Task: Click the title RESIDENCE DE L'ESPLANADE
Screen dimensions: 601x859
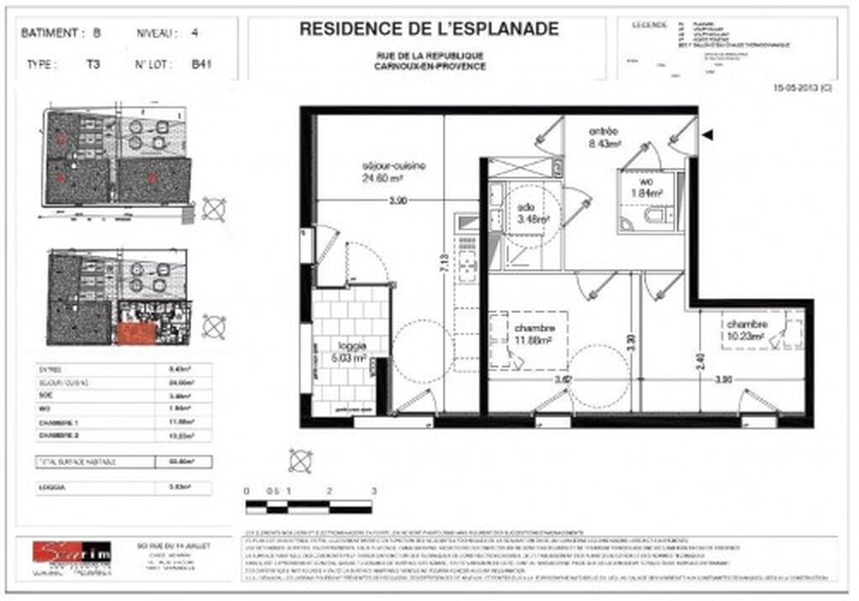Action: click(429, 30)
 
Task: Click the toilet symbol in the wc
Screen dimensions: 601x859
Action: click(652, 217)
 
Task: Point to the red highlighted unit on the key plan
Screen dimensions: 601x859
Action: click(136, 334)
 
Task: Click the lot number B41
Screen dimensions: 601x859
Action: click(200, 63)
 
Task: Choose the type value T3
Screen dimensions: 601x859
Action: click(92, 63)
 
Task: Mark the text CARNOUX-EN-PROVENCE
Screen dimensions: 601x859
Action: click(429, 66)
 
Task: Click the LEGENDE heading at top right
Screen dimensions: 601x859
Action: click(648, 24)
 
